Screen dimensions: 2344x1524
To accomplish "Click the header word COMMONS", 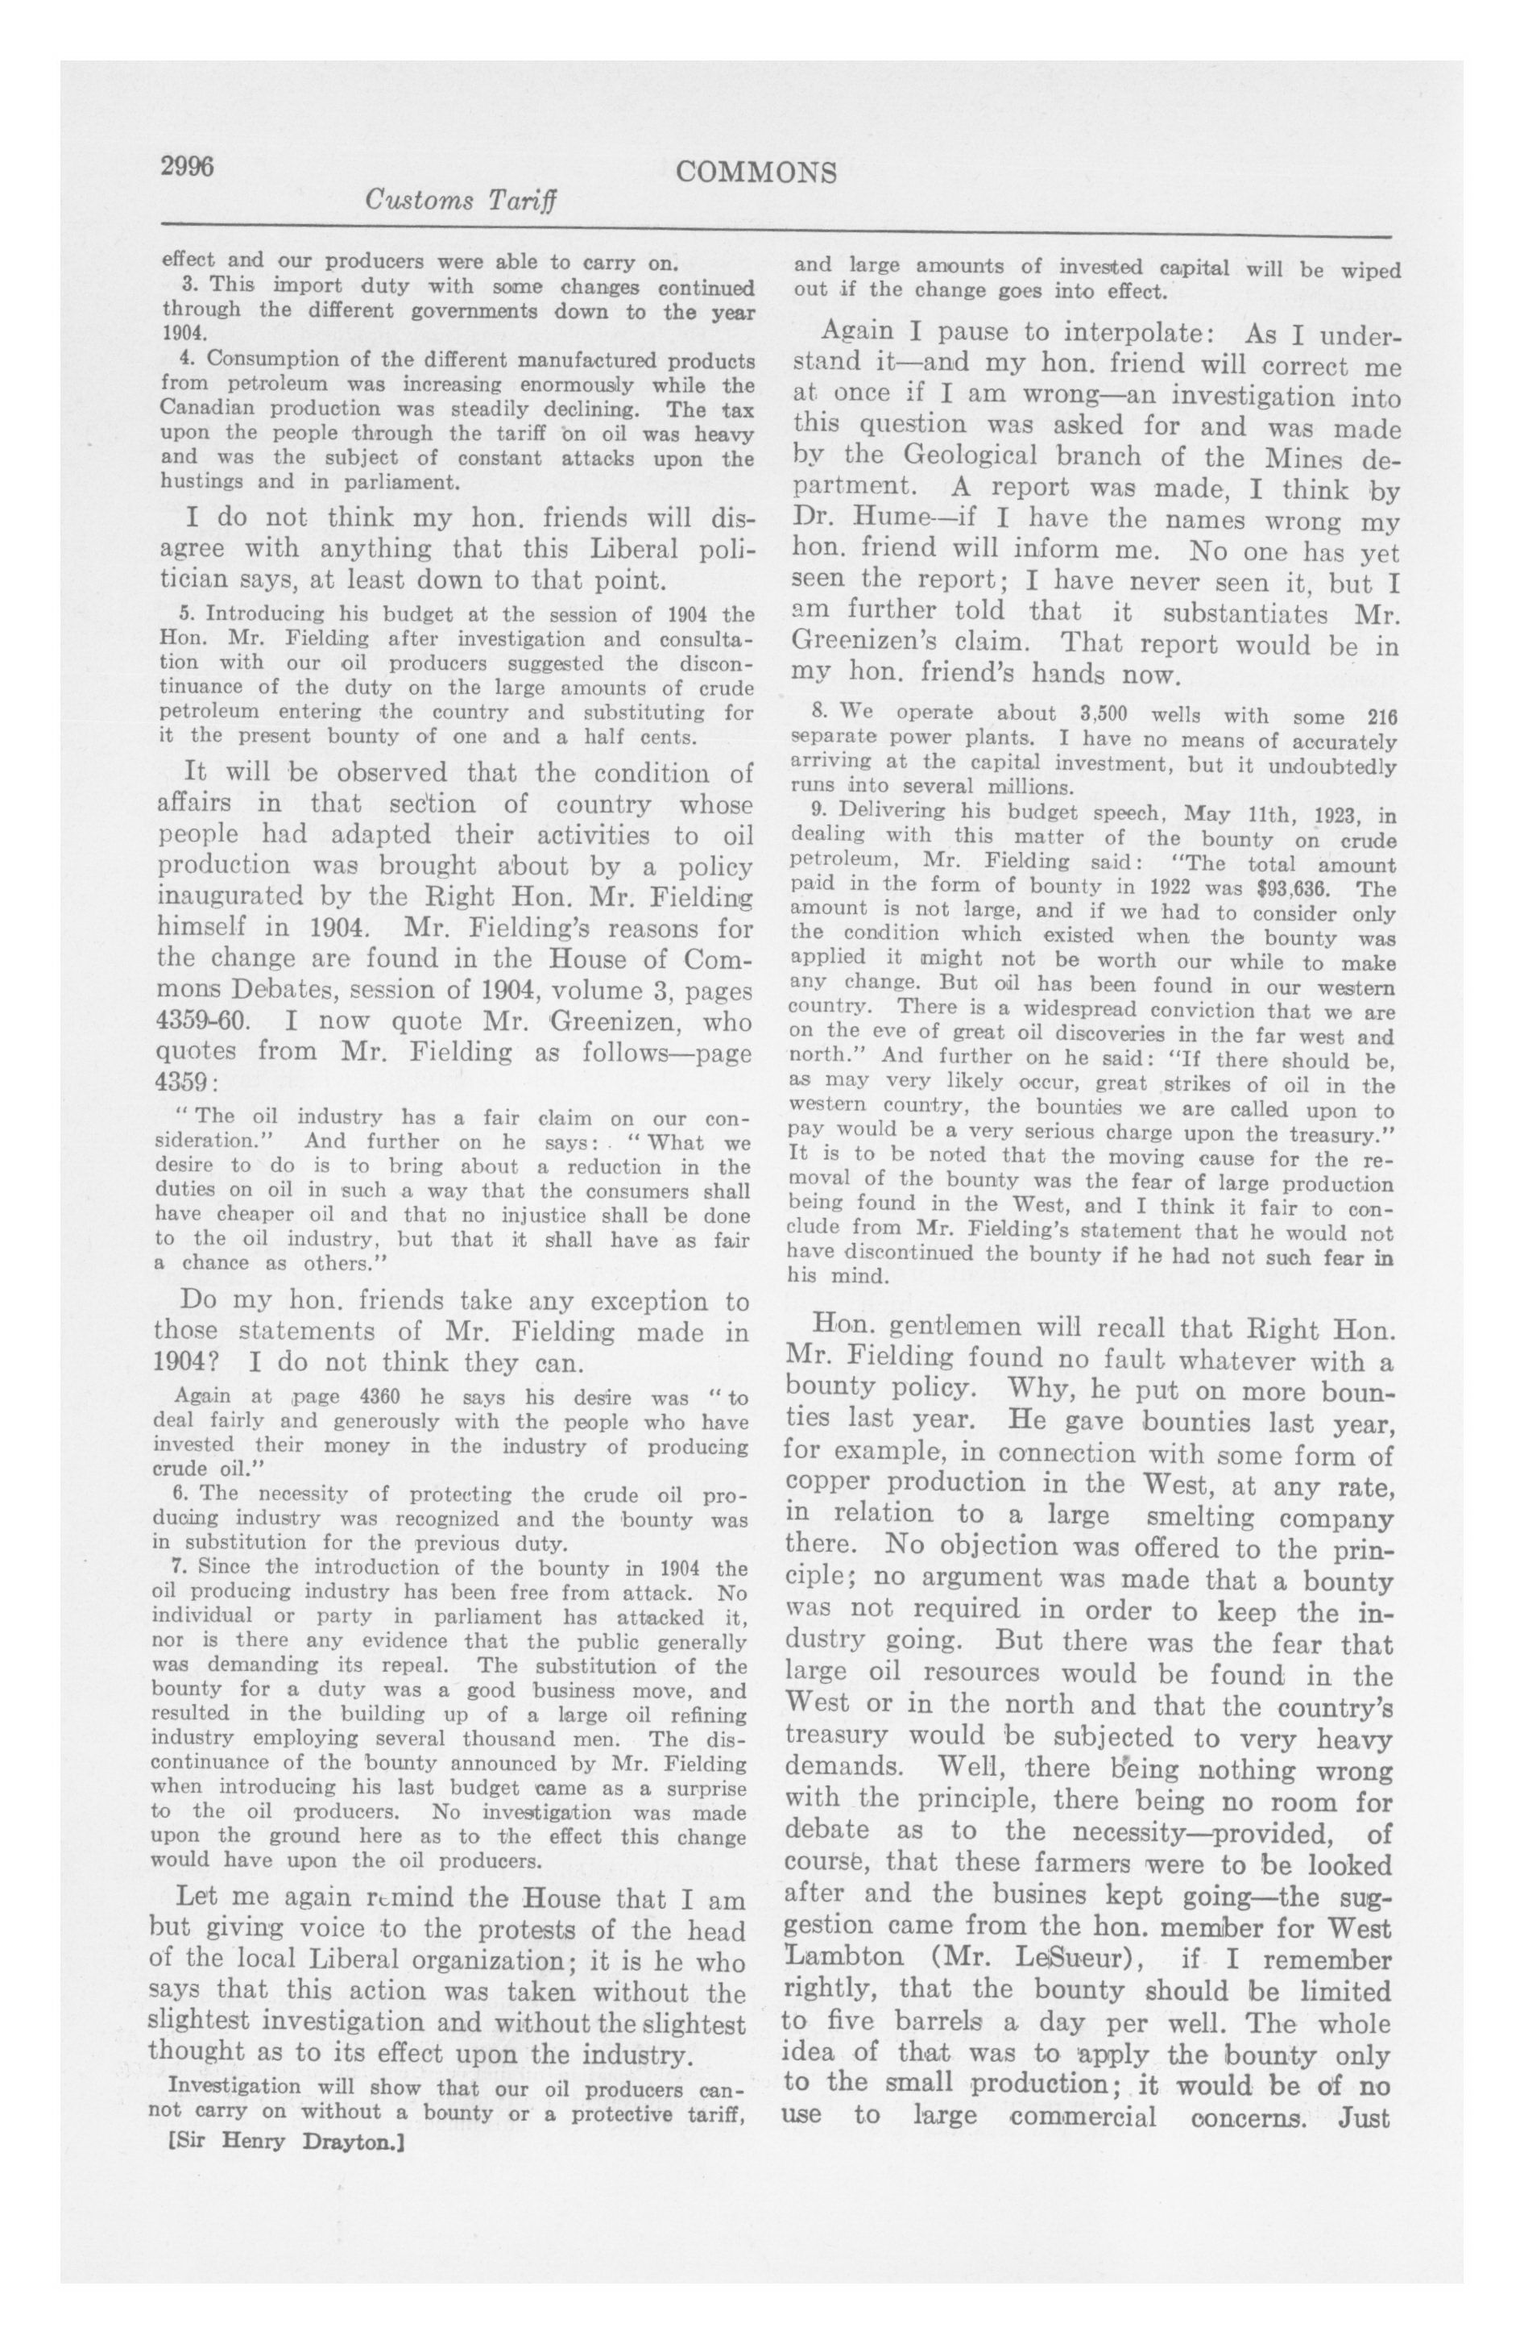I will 757,173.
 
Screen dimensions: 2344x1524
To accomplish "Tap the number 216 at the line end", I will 1377,717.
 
